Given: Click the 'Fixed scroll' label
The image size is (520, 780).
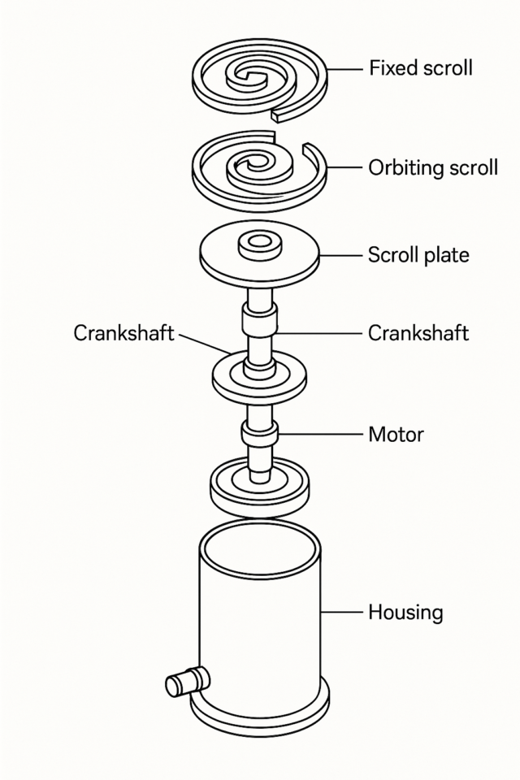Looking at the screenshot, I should (420, 68).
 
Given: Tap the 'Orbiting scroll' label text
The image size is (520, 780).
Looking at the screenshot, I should (432, 168).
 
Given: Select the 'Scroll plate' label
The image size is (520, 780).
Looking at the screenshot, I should (418, 255).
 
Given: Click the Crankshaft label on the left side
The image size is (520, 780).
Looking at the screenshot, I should (123, 333).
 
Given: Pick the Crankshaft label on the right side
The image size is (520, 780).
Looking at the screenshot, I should (418, 333).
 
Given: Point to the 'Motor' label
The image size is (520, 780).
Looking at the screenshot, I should (396, 434).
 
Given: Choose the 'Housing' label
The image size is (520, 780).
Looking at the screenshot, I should (405, 611).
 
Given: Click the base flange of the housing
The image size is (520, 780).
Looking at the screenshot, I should (260, 715).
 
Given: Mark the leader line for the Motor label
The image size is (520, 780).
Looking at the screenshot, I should (320, 434).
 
